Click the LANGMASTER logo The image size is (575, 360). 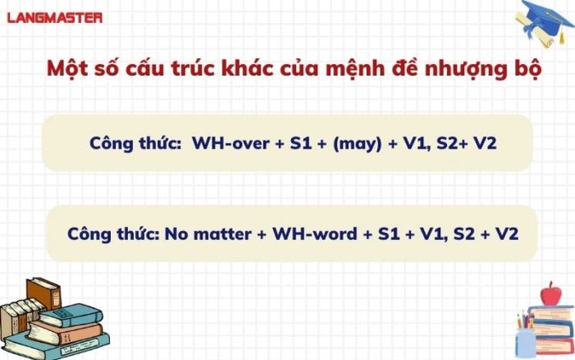pyautogui.click(x=55, y=17)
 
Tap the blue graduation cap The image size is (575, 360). pyautogui.click(x=545, y=18)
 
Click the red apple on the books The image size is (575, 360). pyautogui.click(x=550, y=294)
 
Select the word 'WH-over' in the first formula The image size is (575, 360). pyautogui.click(x=231, y=142)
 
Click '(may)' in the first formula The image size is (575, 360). pyautogui.click(x=357, y=143)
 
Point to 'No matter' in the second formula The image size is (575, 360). pyautogui.click(x=208, y=233)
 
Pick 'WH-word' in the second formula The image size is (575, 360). pyautogui.click(x=315, y=233)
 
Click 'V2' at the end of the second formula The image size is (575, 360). pyautogui.click(x=507, y=233)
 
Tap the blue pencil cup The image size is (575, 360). pyautogui.click(x=526, y=343)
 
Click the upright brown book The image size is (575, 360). pyautogui.click(x=44, y=293)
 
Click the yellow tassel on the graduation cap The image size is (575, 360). pyautogui.click(x=561, y=36)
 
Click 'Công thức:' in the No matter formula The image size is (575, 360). pyautogui.click(x=113, y=234)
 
